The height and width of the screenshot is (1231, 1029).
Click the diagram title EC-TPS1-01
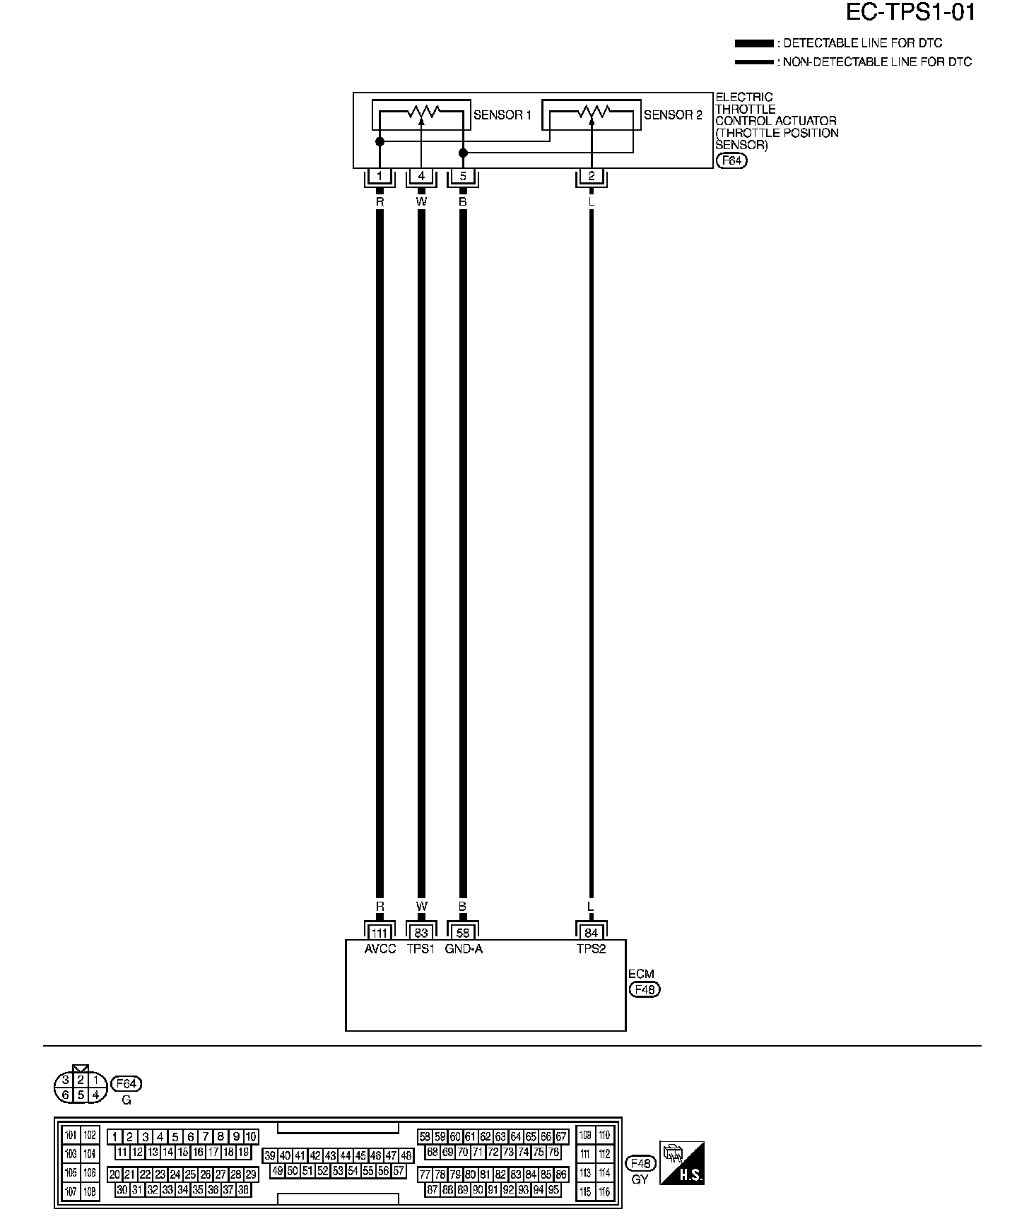[910, 13]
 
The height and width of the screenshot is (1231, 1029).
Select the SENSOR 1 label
[502, 115]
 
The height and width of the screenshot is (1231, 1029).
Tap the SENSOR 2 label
[673, 115]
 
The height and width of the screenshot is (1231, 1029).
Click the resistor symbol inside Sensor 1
[421, 112]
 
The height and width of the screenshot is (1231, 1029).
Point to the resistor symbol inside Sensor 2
[592, 112]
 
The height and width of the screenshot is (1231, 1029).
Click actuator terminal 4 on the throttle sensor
[421, 177]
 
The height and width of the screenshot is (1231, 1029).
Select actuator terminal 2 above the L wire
[592, 177]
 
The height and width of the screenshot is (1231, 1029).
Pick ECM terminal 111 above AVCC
[380, 933]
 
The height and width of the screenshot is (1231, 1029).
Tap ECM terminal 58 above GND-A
[463, 933]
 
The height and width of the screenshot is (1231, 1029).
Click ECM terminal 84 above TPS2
[592, 933]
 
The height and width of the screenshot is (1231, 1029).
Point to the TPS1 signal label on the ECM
[421, 949]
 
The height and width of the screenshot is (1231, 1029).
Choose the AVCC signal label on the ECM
[380, 949]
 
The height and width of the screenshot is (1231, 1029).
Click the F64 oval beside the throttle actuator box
[731, 160]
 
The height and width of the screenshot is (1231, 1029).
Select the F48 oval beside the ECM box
[644, 989]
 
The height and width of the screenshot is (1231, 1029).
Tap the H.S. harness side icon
[682, 1162]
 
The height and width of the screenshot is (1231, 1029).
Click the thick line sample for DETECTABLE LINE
[753, 44]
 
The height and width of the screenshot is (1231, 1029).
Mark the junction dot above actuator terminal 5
[463, 153]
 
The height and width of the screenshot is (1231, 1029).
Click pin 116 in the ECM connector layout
[604, 1191]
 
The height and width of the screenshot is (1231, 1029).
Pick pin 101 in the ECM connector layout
[71, 1136]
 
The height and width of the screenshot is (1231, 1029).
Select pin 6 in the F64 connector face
[66, 1095]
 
